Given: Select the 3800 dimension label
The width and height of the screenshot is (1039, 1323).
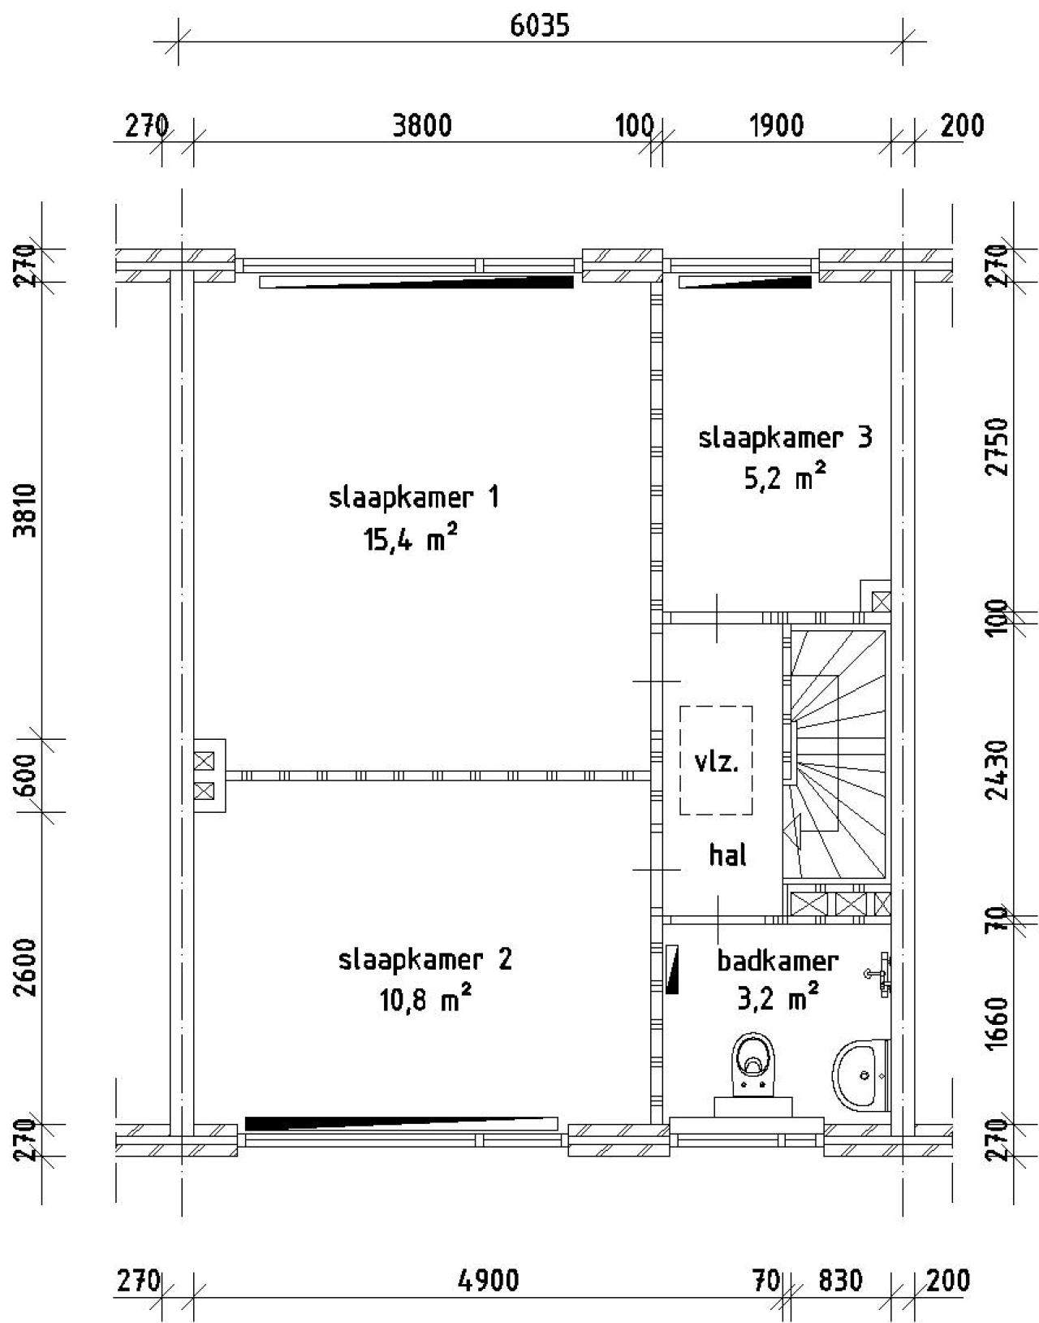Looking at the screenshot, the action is coord(422,126).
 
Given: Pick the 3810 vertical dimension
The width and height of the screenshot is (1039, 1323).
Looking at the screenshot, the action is coord(28,511).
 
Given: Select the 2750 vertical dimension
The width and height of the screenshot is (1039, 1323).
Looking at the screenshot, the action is coord(999,447).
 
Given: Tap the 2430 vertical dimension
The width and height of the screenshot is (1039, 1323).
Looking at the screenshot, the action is coord(999,770).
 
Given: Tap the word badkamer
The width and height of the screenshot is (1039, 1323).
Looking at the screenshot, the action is coord(778,961).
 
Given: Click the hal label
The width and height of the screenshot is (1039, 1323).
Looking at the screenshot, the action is coord(727,855).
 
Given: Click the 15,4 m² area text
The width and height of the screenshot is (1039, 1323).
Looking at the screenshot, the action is coord(411,539).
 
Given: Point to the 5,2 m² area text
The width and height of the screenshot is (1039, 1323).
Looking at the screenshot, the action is coord(785,478).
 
